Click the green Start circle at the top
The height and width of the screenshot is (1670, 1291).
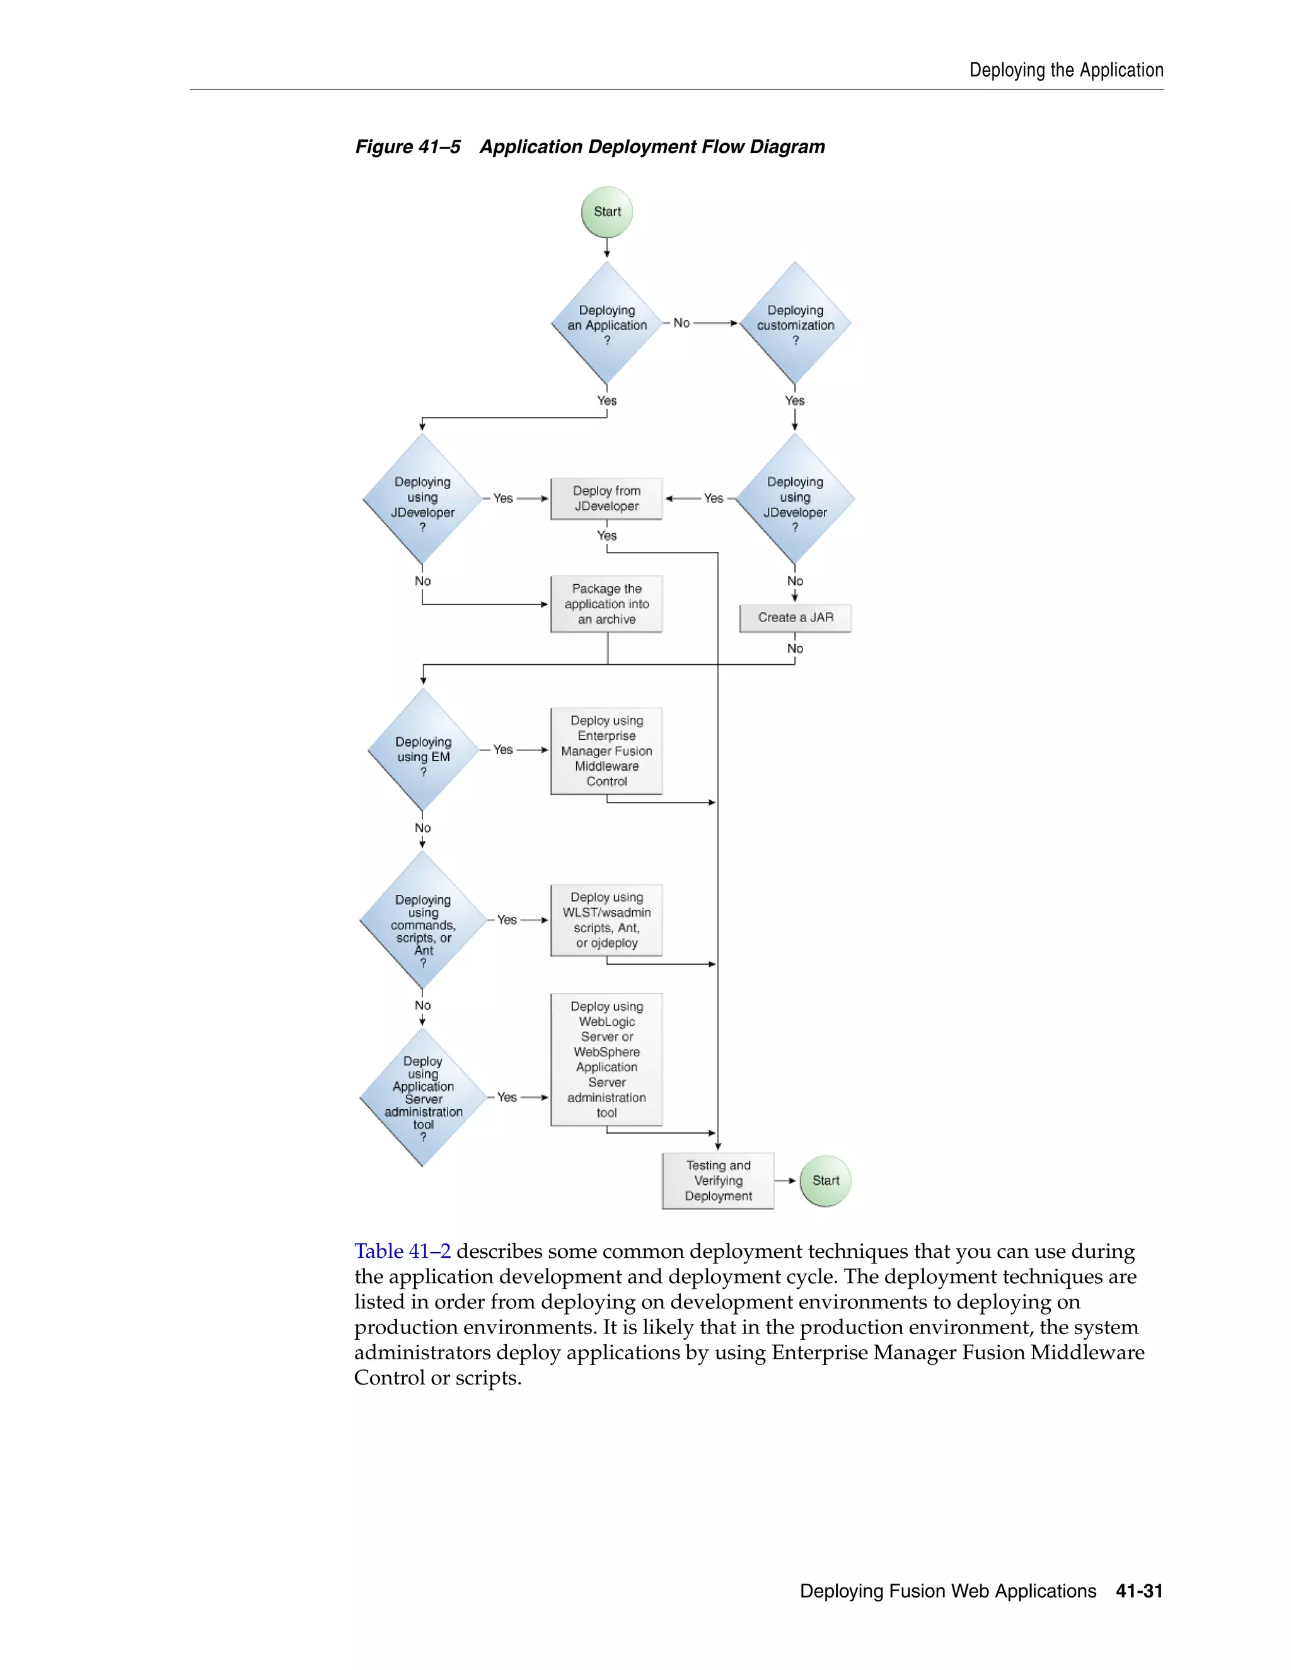606,212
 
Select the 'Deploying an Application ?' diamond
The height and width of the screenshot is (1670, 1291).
606,324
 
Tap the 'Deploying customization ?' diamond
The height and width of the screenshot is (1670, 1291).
795,324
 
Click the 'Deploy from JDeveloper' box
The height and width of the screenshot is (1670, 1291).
606,498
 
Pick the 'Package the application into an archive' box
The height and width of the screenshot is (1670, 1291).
606,604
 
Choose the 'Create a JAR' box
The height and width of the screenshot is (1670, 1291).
796,618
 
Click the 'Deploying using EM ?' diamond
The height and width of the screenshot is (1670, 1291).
423,751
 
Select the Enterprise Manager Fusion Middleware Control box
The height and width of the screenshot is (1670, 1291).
606,751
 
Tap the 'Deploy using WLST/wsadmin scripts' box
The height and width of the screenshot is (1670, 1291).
606,920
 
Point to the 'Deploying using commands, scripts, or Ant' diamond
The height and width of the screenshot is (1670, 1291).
423,921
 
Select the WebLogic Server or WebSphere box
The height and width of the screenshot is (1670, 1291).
606,1059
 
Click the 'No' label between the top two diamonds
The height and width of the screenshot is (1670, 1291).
681,323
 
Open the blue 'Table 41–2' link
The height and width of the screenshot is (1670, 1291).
402,1252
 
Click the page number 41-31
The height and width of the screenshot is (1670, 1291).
1139,1591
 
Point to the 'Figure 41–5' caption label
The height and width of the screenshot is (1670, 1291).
408,147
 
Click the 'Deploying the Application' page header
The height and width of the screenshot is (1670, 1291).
1066,71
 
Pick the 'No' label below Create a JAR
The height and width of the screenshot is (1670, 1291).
796,649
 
